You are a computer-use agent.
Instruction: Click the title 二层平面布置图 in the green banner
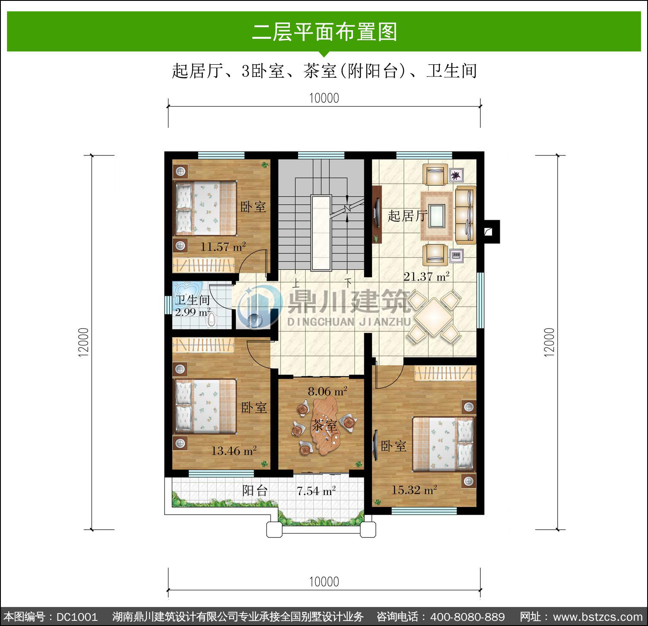point(324,32)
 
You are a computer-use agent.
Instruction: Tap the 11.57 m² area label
point(223,247)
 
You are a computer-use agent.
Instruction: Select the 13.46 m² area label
point(234,451)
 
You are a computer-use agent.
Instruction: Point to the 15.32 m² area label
point(414,490)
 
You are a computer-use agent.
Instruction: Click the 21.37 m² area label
point(426,276)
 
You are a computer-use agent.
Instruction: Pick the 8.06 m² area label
point(327,392)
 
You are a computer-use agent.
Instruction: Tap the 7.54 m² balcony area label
point(316,491)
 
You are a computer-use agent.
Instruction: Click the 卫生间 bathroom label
point(192,300)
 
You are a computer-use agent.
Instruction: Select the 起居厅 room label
point(407,215)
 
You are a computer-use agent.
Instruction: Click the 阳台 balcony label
point(255,490)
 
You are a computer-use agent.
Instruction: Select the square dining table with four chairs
point(434,317)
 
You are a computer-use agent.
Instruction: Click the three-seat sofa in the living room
point(466,215)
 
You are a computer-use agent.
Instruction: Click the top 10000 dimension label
point(324,98)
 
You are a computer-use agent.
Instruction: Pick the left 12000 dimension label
point(83,342)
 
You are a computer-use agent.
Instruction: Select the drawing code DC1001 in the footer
point(77,617)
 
